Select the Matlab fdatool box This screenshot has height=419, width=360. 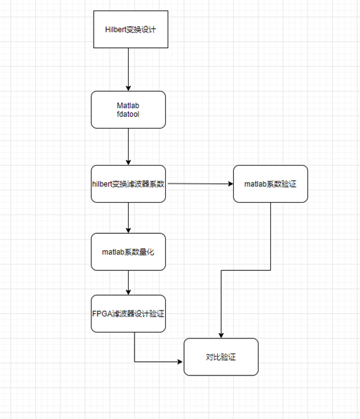tap(129, 110)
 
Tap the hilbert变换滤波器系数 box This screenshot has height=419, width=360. tap(129, 184)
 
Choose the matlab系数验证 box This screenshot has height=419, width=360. tap(270, 184)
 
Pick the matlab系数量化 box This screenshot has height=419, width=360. tap(129, 251)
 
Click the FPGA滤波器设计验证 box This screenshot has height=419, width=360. tap(129, 313)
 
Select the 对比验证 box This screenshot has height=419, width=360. tap(221, 357)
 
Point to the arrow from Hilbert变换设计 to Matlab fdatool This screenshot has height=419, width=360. tap(129, 69)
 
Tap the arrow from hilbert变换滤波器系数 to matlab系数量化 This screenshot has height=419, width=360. tap(129, 218)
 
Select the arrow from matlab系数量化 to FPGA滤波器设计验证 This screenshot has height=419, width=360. tap(129, 282)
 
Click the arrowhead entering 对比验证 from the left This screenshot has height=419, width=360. tap(180, 362)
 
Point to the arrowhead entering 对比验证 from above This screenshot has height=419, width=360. tap(222, 334)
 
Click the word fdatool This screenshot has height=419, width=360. tap(129, 115)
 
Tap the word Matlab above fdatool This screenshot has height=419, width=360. tap(129, 105)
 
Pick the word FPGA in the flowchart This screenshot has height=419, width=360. tap(102, 314)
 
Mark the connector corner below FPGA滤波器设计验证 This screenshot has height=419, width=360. tap(135, 362)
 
